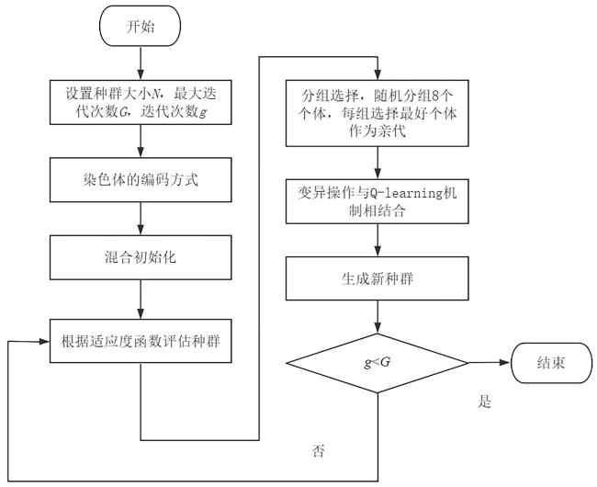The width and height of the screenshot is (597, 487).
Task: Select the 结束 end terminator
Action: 550,363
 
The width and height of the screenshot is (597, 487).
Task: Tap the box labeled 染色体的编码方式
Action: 141,179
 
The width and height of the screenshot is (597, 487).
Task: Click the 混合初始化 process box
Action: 141,258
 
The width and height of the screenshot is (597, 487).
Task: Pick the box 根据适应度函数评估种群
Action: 141,341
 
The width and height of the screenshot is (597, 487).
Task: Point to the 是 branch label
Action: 486,402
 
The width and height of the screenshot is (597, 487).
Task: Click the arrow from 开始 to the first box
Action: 141,62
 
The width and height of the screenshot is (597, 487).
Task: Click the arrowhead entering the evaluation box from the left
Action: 44,341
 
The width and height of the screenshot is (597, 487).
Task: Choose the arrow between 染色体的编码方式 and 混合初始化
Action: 141,219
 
